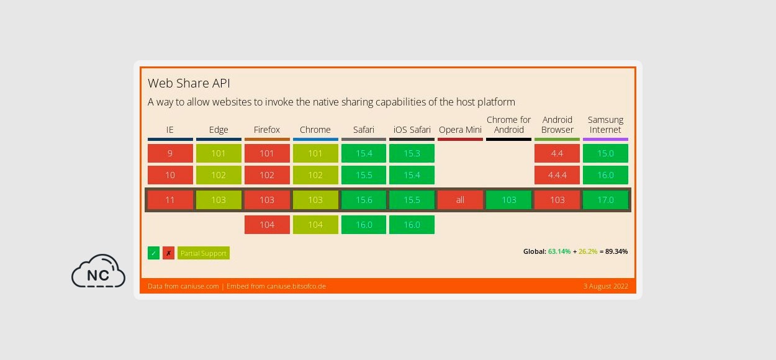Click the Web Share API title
point(189,83)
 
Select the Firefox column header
point(267,130)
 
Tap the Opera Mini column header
point(460,130)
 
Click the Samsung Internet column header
point(605,125)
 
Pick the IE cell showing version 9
point(170,153)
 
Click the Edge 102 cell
point(219,175)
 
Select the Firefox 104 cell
point(267,225)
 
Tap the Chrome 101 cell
point(315,153)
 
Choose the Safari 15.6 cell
point(364,200)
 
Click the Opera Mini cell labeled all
point(460,200)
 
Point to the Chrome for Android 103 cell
point(508,200)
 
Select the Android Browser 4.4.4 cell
point(557,175)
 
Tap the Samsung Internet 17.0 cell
point(605,200)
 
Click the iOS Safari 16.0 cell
point(412,225)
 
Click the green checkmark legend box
point(153,253)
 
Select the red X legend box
point(168,253)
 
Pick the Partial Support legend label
point(204,253)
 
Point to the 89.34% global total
point(616,251)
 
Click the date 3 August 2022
point(605,286)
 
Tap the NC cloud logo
point(98,271)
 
